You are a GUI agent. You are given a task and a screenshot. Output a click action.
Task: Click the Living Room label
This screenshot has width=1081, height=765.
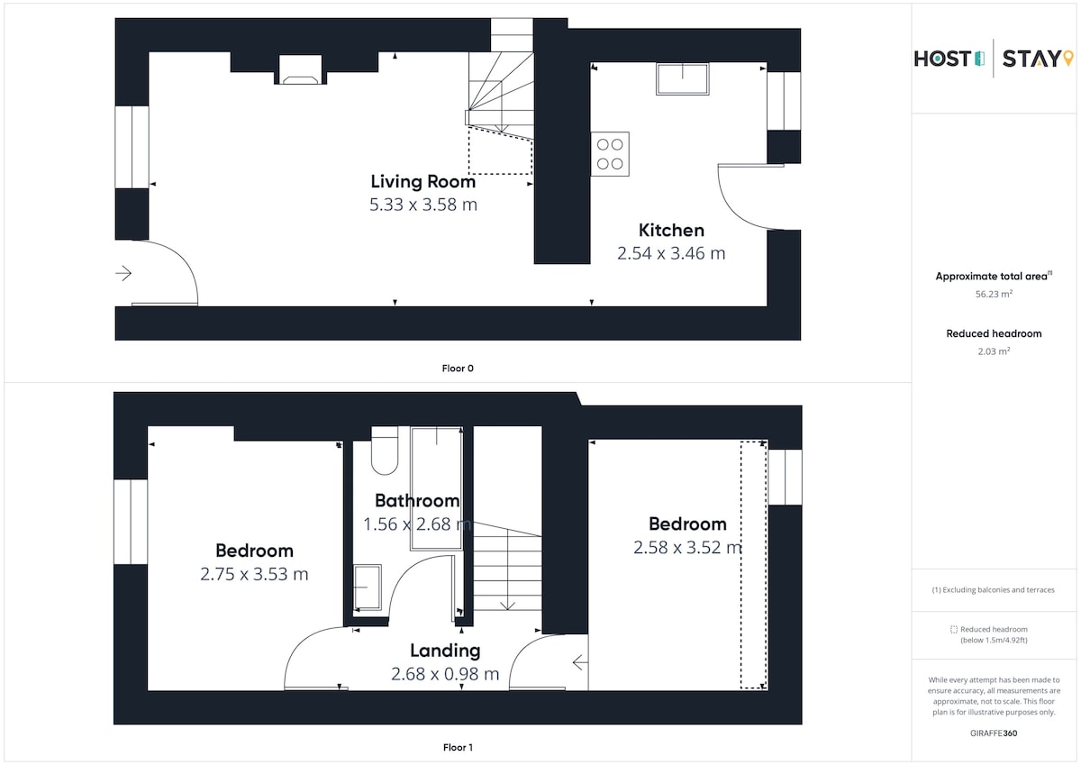click(x=423, y=181)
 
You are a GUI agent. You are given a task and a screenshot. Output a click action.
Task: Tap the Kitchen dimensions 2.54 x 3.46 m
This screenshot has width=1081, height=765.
click(x=671, y=253)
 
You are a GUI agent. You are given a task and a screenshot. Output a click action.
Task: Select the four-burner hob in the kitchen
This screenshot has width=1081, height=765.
click(x=610, y=154)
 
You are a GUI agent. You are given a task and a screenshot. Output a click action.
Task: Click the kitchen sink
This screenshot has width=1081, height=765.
click(x=683, y=78)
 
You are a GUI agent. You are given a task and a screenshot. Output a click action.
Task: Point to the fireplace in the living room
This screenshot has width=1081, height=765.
click(x=300, y=70)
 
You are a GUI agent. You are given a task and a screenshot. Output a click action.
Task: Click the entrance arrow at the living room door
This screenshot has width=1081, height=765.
click(x=123, y=273)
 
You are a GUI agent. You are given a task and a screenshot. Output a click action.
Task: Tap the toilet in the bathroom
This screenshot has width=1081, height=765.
click(x=385, y=451)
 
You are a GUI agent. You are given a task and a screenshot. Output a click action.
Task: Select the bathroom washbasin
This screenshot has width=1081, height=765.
click(x=368, y=587)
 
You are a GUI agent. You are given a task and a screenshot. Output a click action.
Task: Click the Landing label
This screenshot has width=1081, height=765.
click(x=445, y=651)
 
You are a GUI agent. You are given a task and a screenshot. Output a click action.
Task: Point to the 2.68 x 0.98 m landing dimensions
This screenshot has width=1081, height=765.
click(x=445, y=674)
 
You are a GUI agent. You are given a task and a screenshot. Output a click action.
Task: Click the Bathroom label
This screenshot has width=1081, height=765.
click(x=417, y=500)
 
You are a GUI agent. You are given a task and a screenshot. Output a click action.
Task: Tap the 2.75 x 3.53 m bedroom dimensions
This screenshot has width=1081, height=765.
click(x=254, y=574)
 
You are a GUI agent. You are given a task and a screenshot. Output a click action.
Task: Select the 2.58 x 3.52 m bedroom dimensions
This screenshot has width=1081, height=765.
click(x=687, y=547)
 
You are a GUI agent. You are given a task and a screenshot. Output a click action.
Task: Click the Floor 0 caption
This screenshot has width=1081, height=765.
click(x=458, y=369)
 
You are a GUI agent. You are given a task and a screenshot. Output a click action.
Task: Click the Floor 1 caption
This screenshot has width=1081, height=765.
click(x=458, y=747)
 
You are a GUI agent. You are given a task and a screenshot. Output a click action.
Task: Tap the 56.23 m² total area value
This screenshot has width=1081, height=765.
click(x=994, y=294)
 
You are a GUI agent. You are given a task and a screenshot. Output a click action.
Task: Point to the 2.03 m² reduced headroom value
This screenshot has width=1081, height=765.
click(x=994, y=351)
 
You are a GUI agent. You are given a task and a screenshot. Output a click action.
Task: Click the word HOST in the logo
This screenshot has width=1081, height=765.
click(x=942, y=59)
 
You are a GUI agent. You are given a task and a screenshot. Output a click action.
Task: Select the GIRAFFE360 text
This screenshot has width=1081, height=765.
click(x=994, y=733)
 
